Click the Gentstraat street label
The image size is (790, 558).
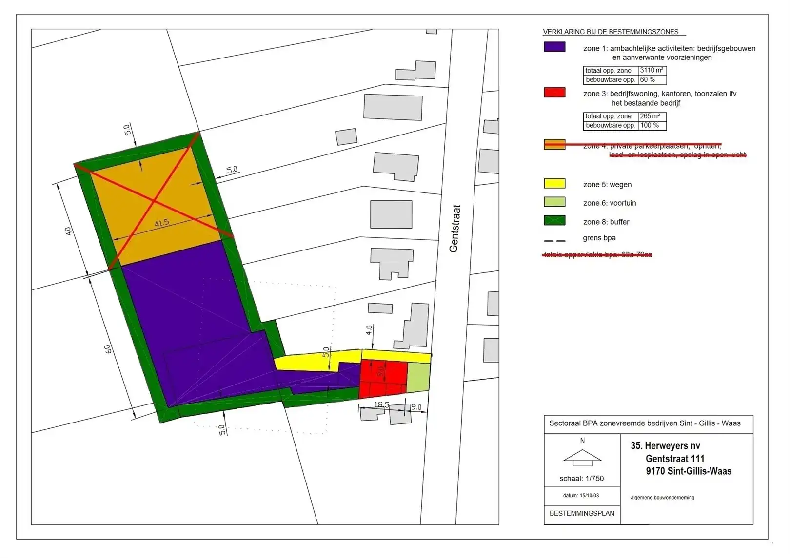click(454, 228)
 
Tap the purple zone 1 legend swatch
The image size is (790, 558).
click(554, 47)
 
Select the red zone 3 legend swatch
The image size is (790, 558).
click(554, 93)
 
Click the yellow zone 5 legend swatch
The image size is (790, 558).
click(554, 184)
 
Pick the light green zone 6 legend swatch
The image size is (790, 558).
click(554, 202)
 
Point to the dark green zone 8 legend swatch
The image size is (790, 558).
click(554, 220)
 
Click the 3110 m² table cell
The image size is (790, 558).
click(652, 70)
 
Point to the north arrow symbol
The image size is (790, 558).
click(582, 457)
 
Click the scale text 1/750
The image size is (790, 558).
click(581, 479)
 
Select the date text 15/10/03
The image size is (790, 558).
click(581, 495)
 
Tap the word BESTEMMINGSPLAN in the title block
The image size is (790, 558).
click(582, 513)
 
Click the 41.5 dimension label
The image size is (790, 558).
click(161, 223)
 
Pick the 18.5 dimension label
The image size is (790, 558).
click(382, 405)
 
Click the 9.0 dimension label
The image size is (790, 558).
click(416, 407)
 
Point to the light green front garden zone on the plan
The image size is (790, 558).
click(418, 377)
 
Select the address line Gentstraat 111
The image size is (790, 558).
click(675, 459)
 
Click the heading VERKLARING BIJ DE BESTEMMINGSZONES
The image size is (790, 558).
click(611, 32)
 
